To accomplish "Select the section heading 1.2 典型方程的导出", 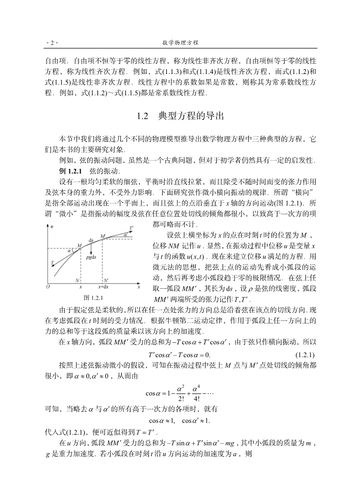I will pos(180,116).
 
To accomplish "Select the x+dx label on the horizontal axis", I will pos(101,287).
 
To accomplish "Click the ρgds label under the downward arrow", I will pos(92,257).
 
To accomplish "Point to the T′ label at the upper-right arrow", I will pos(132,227).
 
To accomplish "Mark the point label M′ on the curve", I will pos(103,236).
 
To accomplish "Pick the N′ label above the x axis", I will pos(106,280).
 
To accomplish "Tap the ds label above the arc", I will pos(91,240).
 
